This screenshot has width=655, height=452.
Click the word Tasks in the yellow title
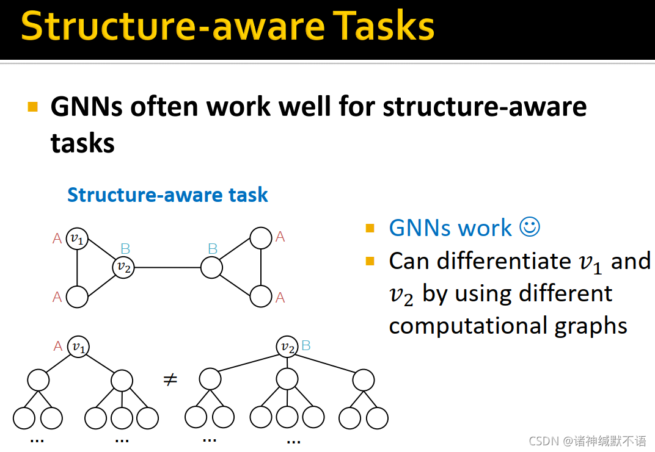[383, 26]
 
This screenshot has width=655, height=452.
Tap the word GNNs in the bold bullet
[87, 106]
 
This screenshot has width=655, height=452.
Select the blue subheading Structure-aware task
[167, 195]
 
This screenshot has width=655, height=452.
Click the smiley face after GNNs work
[530, 227]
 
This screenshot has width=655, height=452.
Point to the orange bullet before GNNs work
[370, 228]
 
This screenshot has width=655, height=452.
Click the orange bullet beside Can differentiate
[370, 261]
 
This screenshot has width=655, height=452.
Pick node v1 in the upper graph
[77, 239]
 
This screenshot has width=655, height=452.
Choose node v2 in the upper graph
[123, 267]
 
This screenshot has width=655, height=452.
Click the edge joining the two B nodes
[167, 267]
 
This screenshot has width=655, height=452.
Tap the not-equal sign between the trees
[170, 379]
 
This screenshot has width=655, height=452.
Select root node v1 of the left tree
[79, 346]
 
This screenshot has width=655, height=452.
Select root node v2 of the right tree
[287, 346]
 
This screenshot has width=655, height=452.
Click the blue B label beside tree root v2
[306, 345]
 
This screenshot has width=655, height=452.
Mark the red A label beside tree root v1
[57, 346]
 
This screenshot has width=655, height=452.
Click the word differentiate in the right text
[504, 261]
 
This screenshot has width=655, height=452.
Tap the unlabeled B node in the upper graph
[212, 267]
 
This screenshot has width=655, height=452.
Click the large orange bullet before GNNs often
[32, 107]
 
